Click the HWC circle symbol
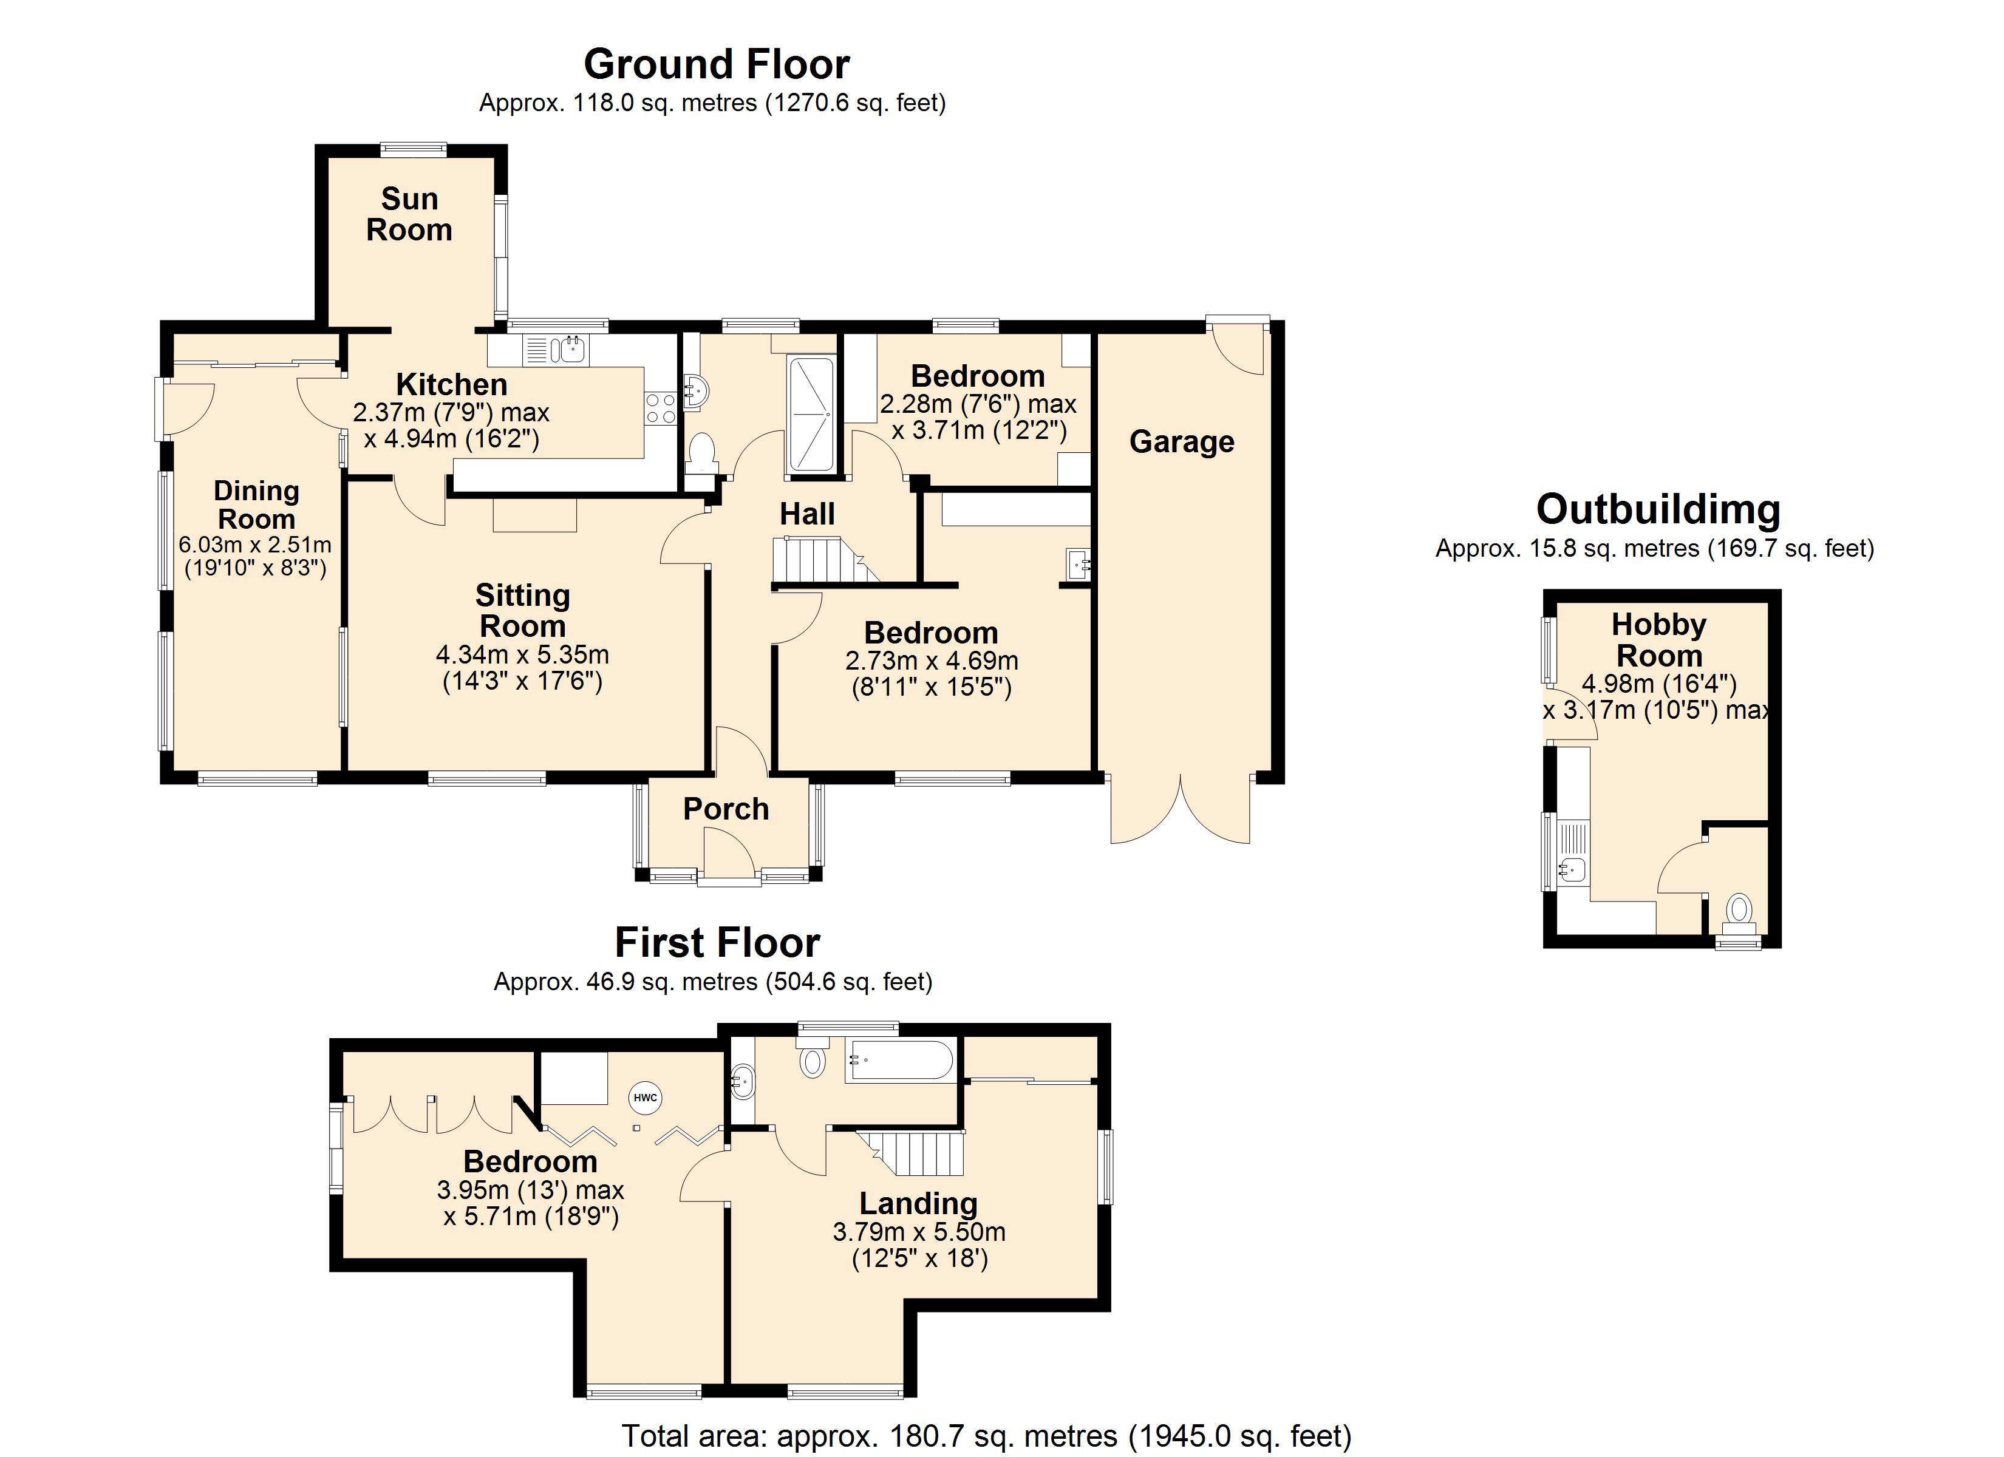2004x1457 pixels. coord(646,1098)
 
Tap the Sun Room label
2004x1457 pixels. coord(409,215)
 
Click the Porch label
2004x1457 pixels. coord(726,809)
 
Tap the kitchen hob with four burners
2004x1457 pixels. coord(661,408)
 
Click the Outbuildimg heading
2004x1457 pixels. coord(1658,510)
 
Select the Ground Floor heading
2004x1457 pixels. coord(717,64)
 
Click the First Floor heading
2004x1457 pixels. coord(717,943)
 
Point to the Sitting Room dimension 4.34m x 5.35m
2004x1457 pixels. coord(522,654)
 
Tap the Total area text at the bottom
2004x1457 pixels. coord(987,1436)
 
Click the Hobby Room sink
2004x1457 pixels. coord(1573,871)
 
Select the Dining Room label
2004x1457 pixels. coord(256,504)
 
